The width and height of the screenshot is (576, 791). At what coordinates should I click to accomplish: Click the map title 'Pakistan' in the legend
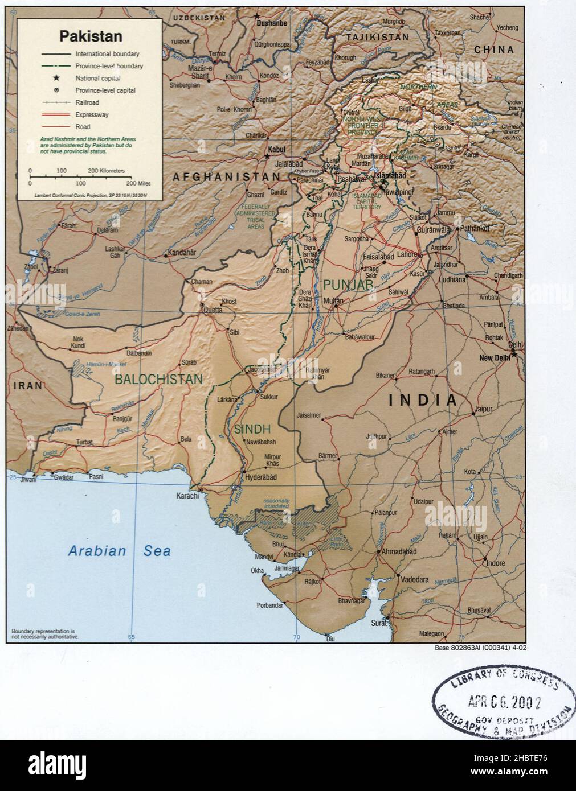[91, 36]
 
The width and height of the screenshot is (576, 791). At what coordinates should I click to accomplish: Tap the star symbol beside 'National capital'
[56, 79]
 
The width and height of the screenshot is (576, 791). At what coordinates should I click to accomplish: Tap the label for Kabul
[277, 149]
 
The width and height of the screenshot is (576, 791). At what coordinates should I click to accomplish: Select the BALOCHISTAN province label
[158, 379]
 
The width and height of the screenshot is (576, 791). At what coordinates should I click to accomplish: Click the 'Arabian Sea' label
[119, 551]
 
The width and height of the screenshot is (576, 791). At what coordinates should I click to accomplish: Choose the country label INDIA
[422, 400]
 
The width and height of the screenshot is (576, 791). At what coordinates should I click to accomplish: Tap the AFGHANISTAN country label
[227, 177]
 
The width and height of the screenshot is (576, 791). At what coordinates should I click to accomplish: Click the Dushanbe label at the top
[271, 23]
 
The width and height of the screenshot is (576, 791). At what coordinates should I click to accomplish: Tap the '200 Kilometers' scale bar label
[106, 171]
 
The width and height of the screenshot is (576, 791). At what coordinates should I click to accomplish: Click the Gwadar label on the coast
[64, 477]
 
